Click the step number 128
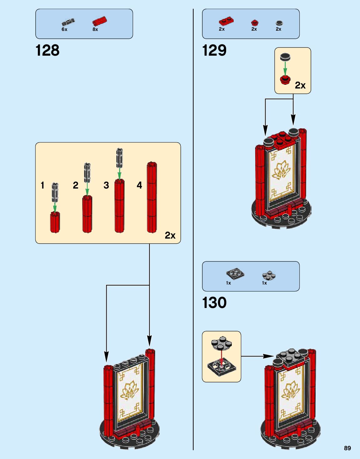[48, 50]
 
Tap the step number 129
[214, 50]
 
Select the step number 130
[214, 303]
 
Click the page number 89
[347, 448]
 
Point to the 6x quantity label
[64, 29]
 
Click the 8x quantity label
[95, 29]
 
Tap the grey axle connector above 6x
[68, 22]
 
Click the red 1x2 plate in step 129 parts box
[226, 21]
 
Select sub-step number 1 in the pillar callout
[43, 185]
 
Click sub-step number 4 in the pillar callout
[139, 185]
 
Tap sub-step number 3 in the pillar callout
[106, 185]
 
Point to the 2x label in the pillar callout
[170, 235]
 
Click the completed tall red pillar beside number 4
[152, 198]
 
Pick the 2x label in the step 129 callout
[300, 85]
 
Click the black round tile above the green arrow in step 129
[285, 57]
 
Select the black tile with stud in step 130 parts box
[235, 274]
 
